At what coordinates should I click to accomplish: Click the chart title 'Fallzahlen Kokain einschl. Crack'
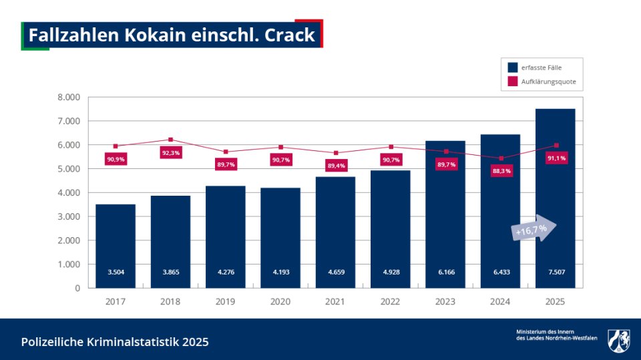click(x=172, y=35)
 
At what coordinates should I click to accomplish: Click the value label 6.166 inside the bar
click(x=445, y=272)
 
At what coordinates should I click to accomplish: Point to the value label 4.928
click(x=391, y=272)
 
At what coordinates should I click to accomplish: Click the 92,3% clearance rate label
click(x=170, y=153)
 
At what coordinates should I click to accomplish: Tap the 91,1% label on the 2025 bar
click(x=556, y=158)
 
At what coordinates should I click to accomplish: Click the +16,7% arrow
click(x=533, y=229)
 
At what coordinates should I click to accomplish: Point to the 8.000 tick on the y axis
click(x=68, y=98)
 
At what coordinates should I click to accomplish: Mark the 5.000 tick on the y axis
click(x=68, y=169)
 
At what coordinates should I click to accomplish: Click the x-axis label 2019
click(x=225, y=301)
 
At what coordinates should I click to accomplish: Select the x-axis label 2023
click(x=445, y=301)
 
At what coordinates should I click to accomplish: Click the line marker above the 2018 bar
click(x=170, y=140)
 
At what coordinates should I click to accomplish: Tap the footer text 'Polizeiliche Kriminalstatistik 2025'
click(x=115, y=342)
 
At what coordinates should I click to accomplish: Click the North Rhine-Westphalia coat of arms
click(x=618, y=340)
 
